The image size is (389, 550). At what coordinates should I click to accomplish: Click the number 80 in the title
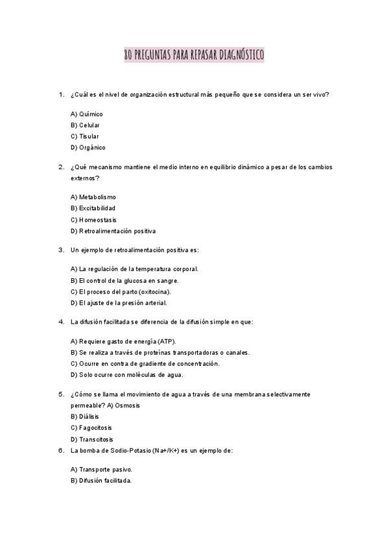pyautogui.click(x=128, y=56)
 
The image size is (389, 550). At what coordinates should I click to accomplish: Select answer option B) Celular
pyautogui.click(x=85, y=125)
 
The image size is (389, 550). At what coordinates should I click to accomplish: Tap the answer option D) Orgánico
pyautogui.click(x=88, y=147)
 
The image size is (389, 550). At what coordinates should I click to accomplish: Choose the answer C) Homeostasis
pyautogui.click(x=93, y=220)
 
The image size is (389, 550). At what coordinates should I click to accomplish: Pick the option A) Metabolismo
pyautogui.click(x=93, y=197)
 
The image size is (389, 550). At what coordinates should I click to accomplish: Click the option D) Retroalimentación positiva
pyautogui.click(x=113, y=231)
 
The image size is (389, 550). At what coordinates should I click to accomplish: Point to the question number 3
pyautogui.click(x=61, y=250)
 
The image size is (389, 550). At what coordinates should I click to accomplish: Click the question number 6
pyautogui.click(x=61, y=450)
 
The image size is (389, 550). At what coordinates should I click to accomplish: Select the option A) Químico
pyautogui.click(x=86, y=114)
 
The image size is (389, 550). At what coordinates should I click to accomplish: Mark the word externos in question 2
pyautogui.click(x=84, y=178)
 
